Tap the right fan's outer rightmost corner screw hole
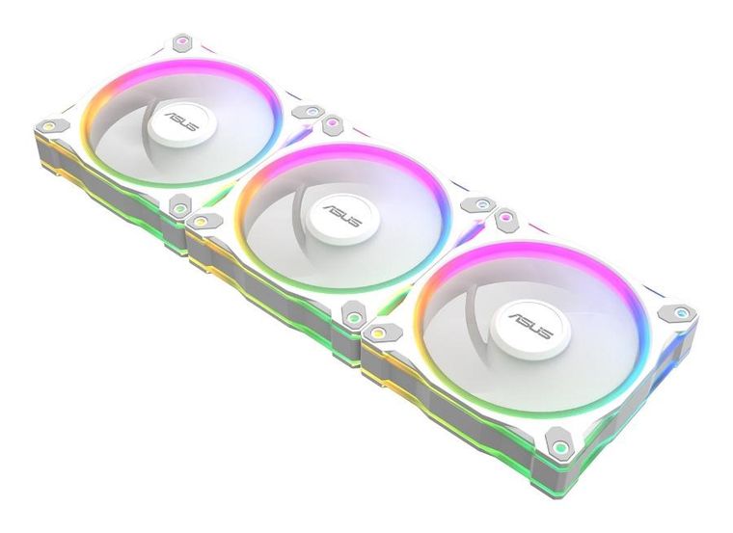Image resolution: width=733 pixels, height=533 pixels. coord(682,314)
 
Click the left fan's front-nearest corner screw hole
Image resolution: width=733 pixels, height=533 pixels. coord(178,204)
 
